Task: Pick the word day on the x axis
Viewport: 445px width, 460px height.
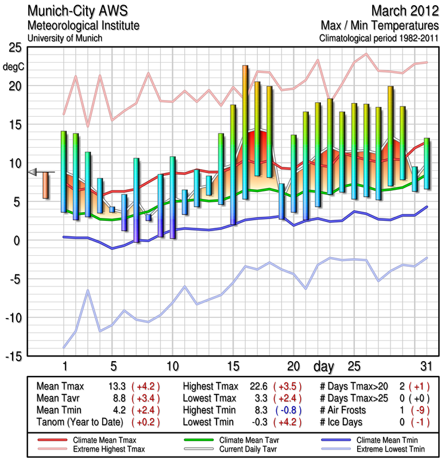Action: (x=325, y=366)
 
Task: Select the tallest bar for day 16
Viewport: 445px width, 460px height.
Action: (x=245, y=132)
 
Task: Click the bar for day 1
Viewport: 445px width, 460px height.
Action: (x=64, y=171)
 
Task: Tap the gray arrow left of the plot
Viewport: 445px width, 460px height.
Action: (x=33, y=171)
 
